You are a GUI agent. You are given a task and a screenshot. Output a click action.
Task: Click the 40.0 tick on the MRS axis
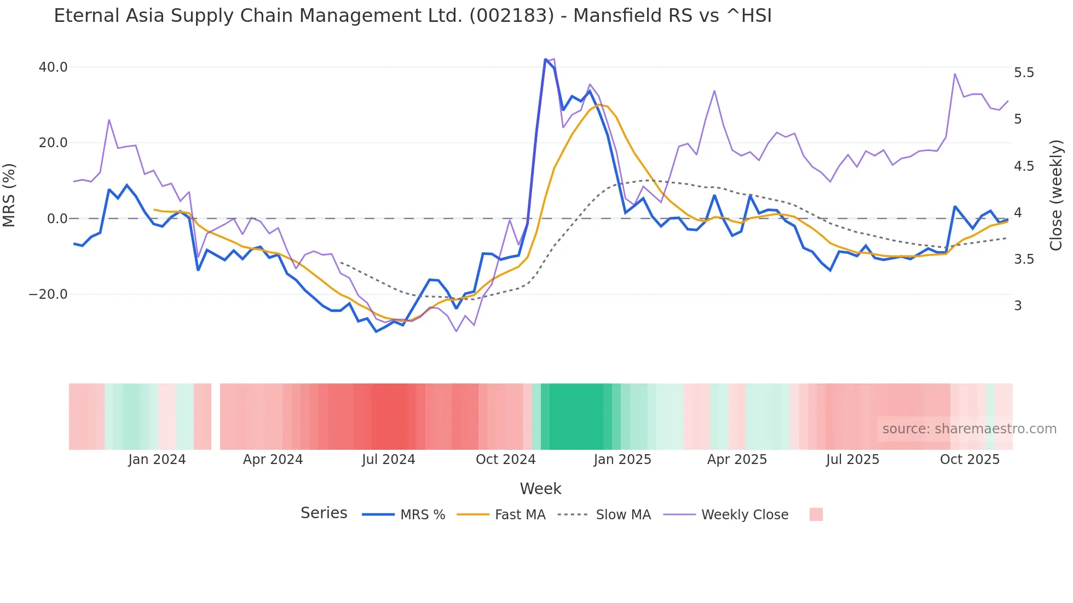pos(53,67)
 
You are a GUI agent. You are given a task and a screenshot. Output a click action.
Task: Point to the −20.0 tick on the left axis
pos(48,294)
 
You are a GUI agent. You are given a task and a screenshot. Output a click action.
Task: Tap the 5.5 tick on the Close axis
pos(1024,73)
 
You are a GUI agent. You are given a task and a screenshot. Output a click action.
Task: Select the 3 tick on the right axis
pos(1018,306)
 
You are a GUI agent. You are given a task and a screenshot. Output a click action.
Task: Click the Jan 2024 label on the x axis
pos(157,460)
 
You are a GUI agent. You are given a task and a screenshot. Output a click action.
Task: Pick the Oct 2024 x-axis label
pos(505,460)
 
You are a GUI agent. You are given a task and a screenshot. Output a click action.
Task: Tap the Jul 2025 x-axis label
pos(852,460)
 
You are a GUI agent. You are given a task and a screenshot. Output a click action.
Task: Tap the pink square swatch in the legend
pos(816,515)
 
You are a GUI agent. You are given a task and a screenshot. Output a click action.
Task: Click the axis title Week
pos(540,489)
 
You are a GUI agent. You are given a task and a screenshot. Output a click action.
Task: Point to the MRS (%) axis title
pos(9,195)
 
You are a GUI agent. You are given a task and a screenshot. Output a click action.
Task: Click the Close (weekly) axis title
pos(1056,195)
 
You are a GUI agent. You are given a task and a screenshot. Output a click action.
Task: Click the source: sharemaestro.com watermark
pos(969,429)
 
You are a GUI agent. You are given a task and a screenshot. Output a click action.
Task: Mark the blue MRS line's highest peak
pos(545,59)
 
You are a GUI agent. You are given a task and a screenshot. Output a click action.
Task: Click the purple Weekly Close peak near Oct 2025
pos(955,74)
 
